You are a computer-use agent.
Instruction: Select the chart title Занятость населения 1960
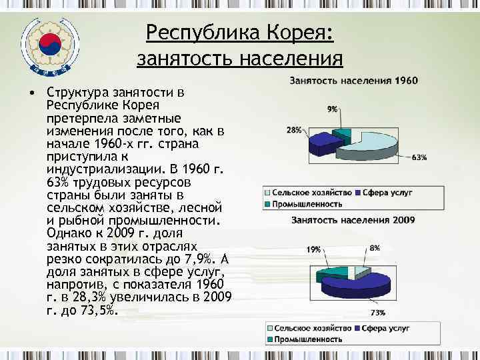click(x=353, y=81)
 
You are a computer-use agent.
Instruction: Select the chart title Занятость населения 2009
click(x=353, y=220)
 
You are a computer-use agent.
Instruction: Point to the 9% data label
click(x=332, y=109)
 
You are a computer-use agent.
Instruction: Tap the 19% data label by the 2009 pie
click(x=313, y=249)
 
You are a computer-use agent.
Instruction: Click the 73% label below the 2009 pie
click(x=377, y=312)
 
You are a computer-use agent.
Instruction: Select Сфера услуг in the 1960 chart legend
click(x=388, y=192)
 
